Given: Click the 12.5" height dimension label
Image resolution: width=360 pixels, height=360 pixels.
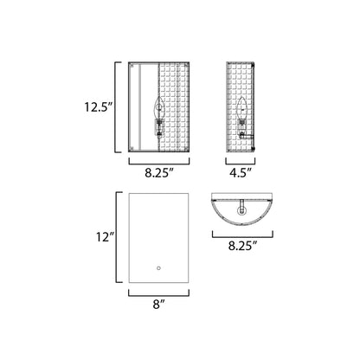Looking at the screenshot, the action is coord(98,107).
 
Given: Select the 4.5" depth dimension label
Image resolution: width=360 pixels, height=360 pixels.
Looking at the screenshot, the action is coord(241,173).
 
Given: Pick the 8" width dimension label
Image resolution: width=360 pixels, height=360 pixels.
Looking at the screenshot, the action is coord(158,305).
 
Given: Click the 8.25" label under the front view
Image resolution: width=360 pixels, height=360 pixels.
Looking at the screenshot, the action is coord(159,173).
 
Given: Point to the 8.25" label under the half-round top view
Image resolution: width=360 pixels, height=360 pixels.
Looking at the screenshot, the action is coord(242,246).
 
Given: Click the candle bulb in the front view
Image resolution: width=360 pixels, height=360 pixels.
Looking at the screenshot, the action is coord(158,107).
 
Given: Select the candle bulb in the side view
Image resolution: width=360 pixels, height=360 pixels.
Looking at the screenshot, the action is coord(242,109).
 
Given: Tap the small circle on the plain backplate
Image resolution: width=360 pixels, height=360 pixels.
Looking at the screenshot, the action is coord(158,268).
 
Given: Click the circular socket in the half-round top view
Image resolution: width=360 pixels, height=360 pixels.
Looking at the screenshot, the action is coord(241,210).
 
